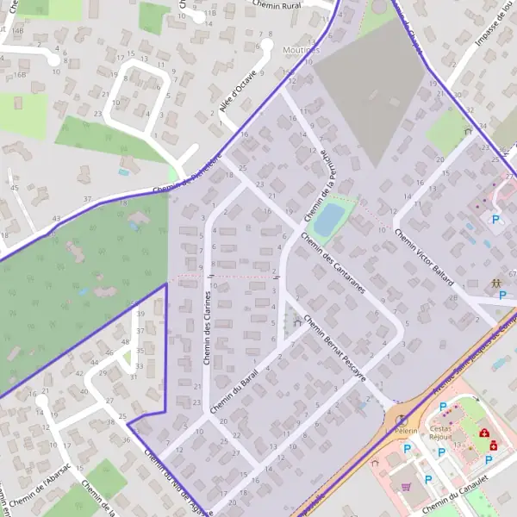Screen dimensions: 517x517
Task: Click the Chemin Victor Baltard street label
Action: point(424,257)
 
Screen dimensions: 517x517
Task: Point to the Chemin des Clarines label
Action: point(208,326)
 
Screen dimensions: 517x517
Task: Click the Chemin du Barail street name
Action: point(234,387)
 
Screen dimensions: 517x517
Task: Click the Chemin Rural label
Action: point(275,4)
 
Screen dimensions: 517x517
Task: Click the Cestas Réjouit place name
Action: point(440,433)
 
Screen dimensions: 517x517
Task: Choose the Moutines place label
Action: point(301,50)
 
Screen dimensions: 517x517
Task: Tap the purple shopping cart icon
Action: point(407,486)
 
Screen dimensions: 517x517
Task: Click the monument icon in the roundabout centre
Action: point(401,418)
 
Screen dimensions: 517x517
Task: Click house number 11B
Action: point(209,15)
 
